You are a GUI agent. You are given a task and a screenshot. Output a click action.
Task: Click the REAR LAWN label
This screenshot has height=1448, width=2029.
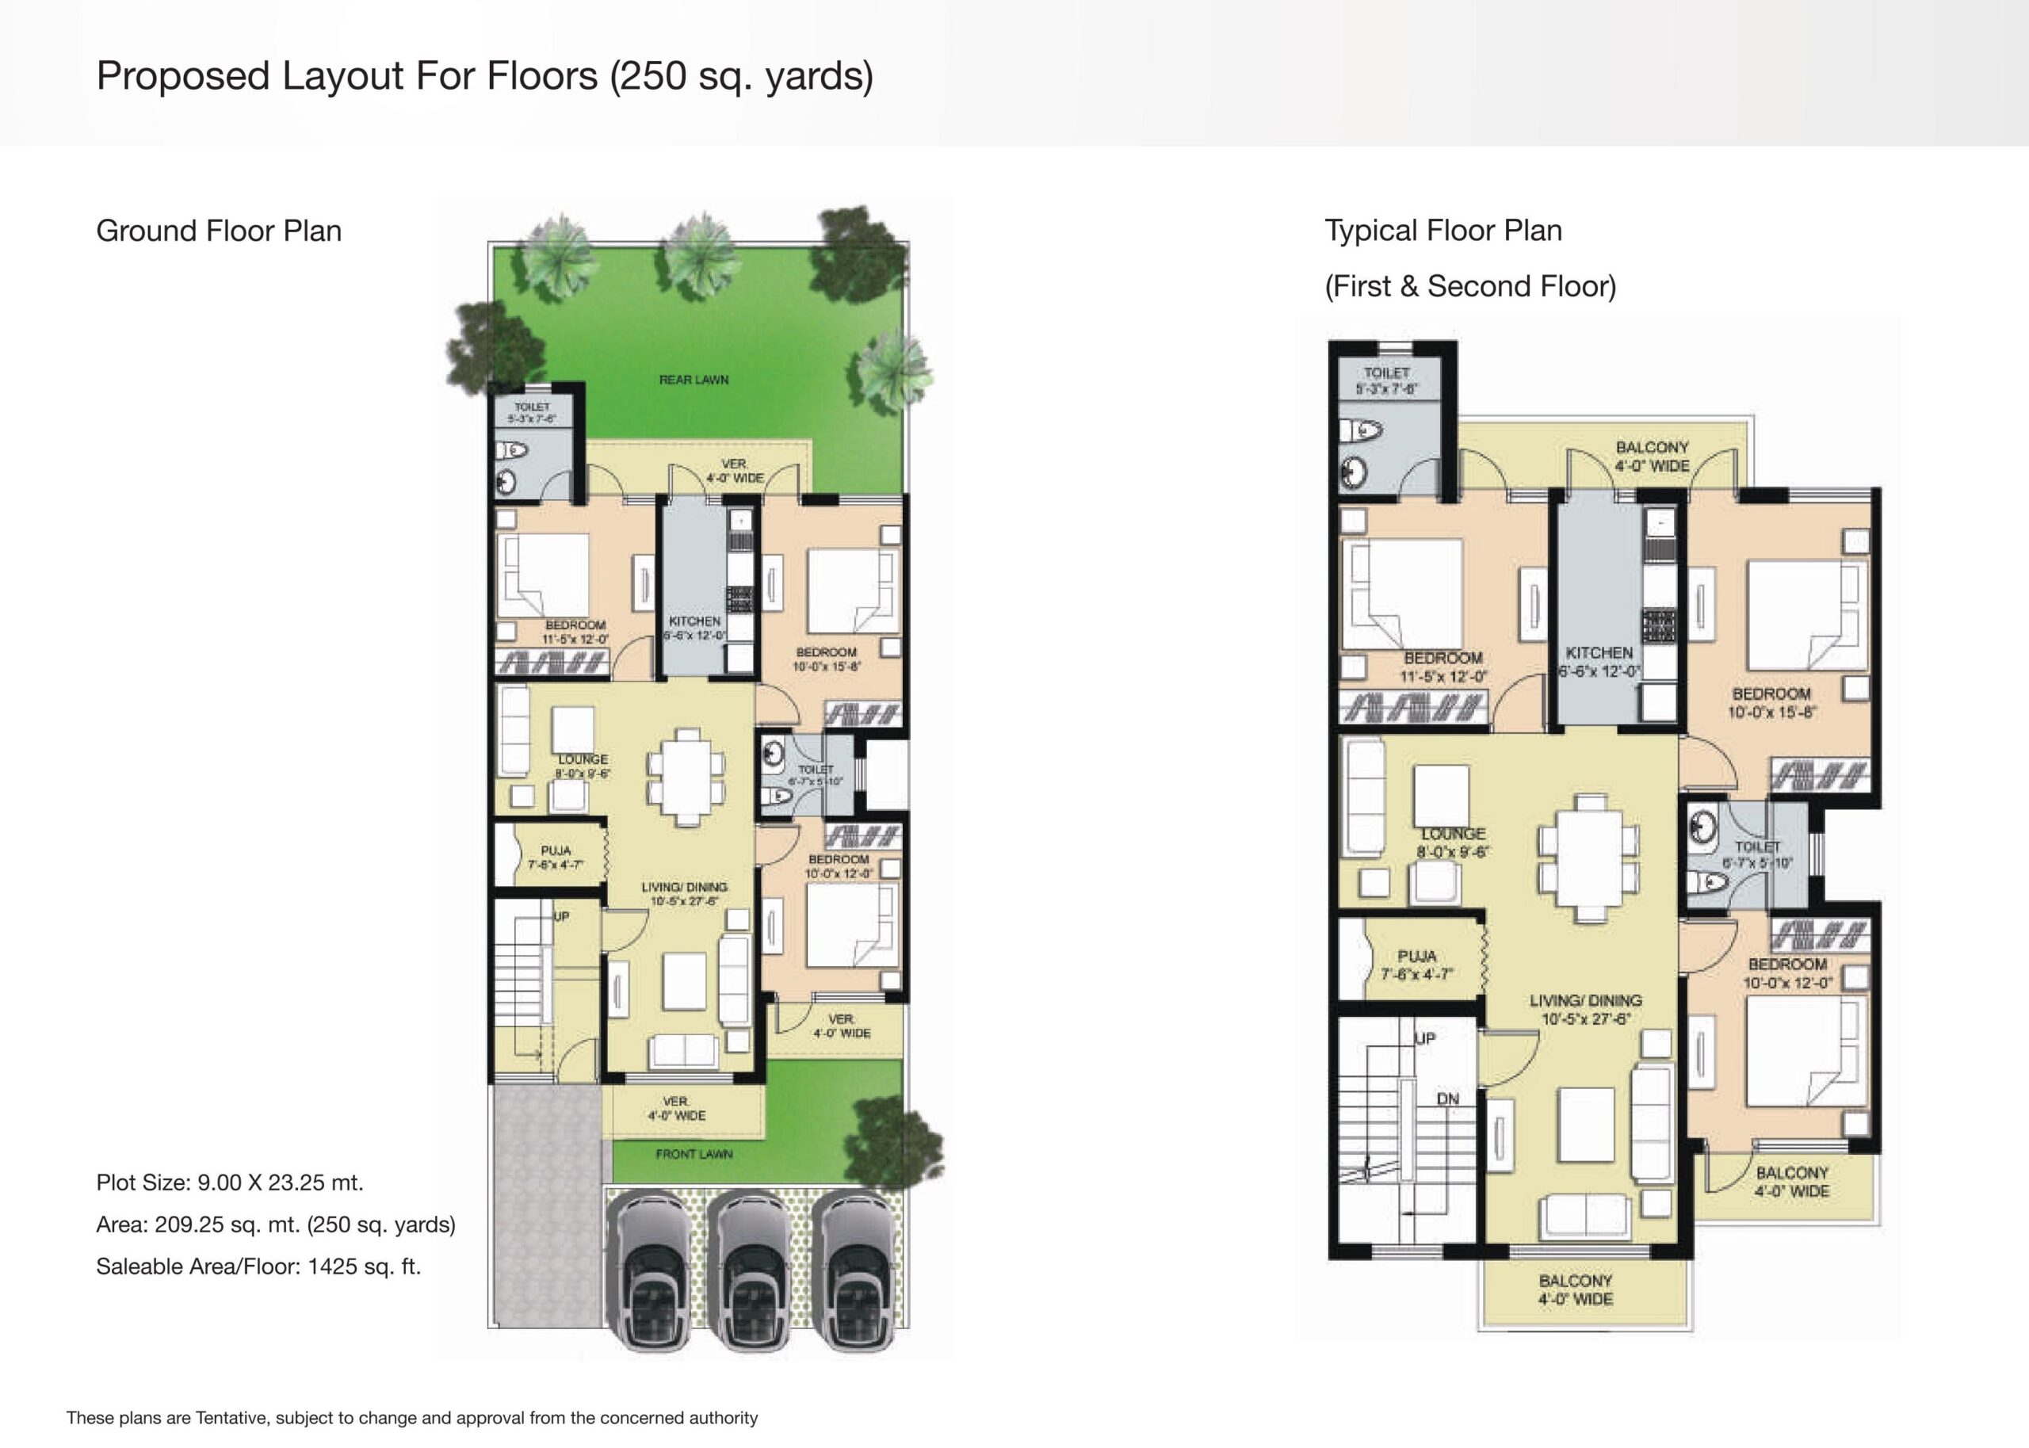tap(694, 380)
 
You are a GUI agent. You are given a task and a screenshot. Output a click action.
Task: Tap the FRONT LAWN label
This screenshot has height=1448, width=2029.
tap(694, 1154)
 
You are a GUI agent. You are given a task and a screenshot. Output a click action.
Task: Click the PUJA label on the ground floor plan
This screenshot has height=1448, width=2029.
tap(556, 851)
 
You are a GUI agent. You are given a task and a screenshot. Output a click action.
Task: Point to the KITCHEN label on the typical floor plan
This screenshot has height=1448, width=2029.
tap(1599, 653)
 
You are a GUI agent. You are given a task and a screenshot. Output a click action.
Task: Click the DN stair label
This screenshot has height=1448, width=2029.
tap(1448, 1098)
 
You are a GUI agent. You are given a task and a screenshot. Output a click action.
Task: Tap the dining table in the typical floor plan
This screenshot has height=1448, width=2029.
tap(1588, 857)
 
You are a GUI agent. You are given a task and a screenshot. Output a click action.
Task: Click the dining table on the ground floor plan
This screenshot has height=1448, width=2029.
tap(686, 777)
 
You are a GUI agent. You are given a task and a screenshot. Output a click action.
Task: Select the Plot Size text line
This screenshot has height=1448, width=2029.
tap(230, 1182)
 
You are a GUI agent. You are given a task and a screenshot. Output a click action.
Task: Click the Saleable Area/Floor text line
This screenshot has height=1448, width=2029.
tap(258, 1267)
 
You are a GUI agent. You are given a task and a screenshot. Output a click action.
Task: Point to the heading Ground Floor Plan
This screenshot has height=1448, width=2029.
tap(219, 231)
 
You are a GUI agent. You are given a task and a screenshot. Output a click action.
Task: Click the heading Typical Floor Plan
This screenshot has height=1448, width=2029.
tap(1442, 231)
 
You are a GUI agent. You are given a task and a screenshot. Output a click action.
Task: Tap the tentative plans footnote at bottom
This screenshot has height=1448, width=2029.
tap(412, 1418)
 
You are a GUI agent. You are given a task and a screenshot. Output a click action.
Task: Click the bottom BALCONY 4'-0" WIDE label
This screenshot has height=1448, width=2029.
tap(1575, 1290)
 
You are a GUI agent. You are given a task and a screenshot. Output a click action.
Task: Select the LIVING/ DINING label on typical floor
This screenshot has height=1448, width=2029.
tap(1585, 1000)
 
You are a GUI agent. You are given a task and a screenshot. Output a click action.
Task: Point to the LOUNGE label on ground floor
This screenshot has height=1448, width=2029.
tap(583, 759)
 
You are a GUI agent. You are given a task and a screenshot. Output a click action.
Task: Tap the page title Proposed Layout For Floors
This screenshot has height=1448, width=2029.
tap(484, 76)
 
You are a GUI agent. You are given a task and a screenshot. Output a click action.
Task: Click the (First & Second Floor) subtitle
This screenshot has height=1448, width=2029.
tap(1470, 286)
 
